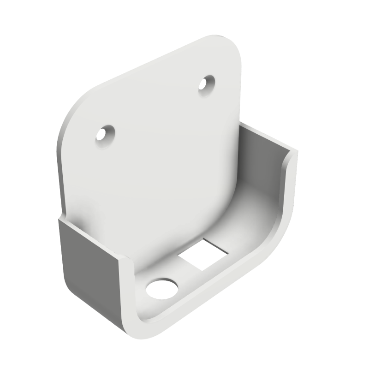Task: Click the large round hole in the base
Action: click(x=162, y=288)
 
